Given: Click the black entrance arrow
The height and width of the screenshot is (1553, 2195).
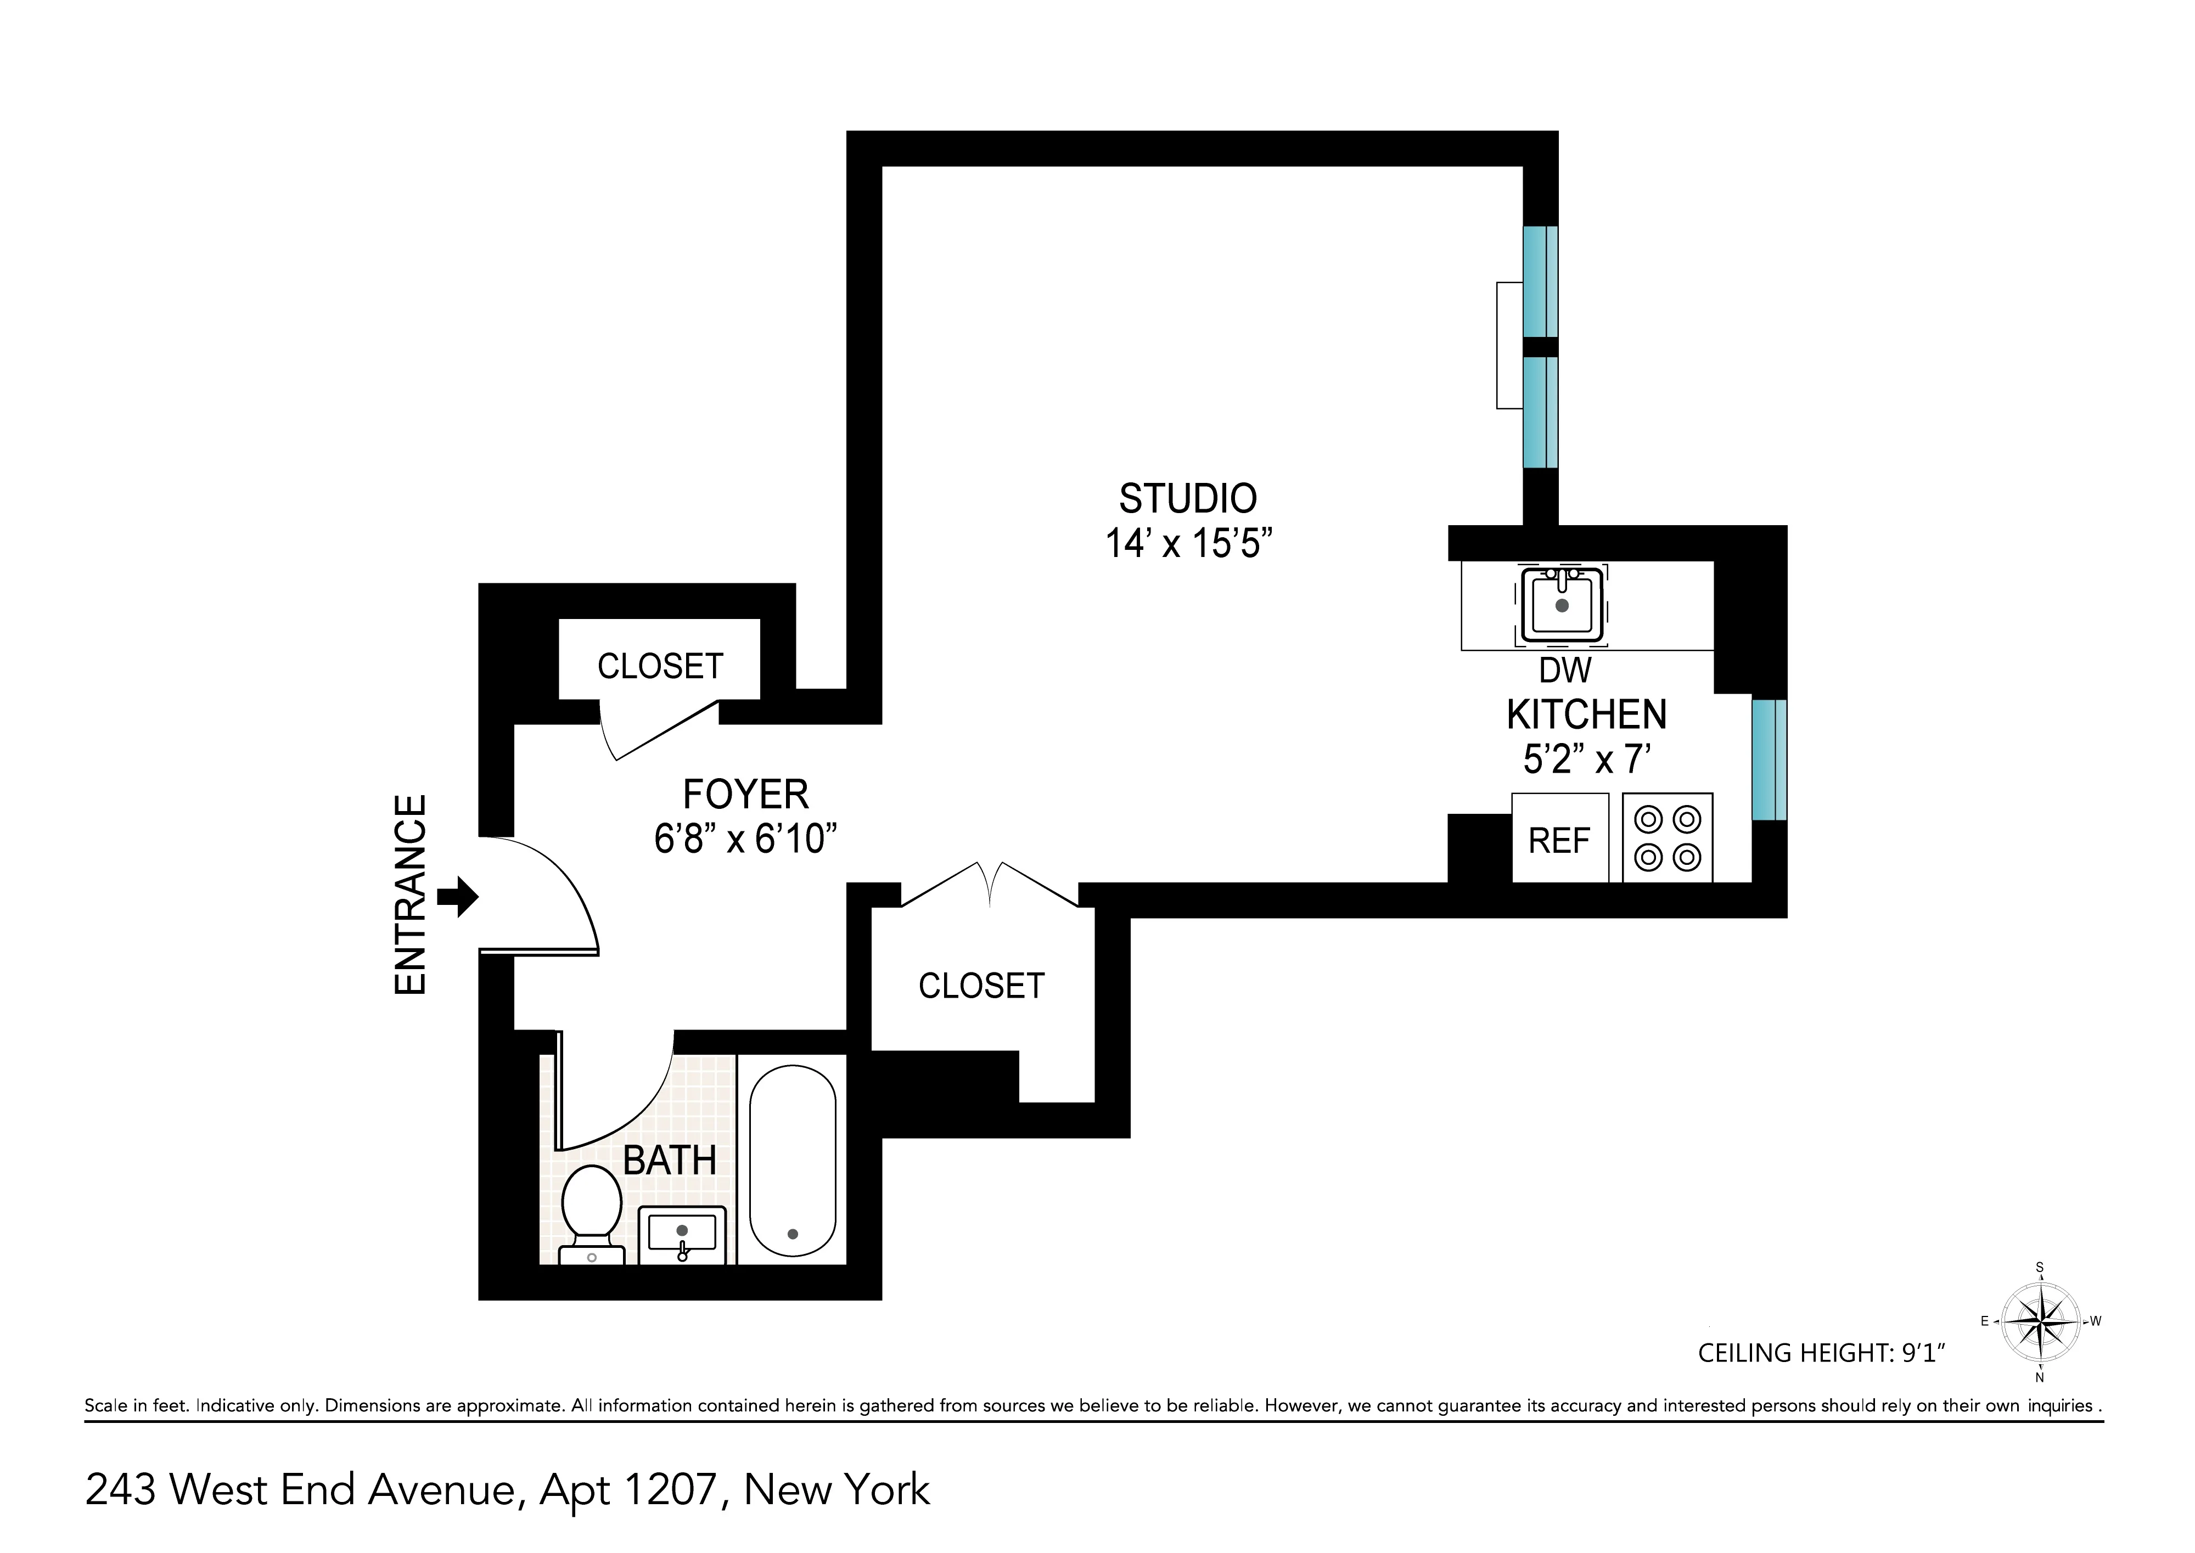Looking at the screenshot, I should click(458, 897).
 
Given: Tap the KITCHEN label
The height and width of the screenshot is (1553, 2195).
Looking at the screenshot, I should click(1587, 714).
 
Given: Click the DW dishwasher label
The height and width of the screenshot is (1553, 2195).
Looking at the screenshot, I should click(1565, 671).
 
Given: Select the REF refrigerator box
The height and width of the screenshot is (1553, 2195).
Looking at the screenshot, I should click(1559, 839).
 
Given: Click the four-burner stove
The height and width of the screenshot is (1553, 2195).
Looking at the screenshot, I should click(1667, 838).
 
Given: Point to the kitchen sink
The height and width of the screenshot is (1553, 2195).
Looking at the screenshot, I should click(1562, 604).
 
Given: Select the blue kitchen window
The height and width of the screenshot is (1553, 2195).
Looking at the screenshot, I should click(1769, 759).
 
